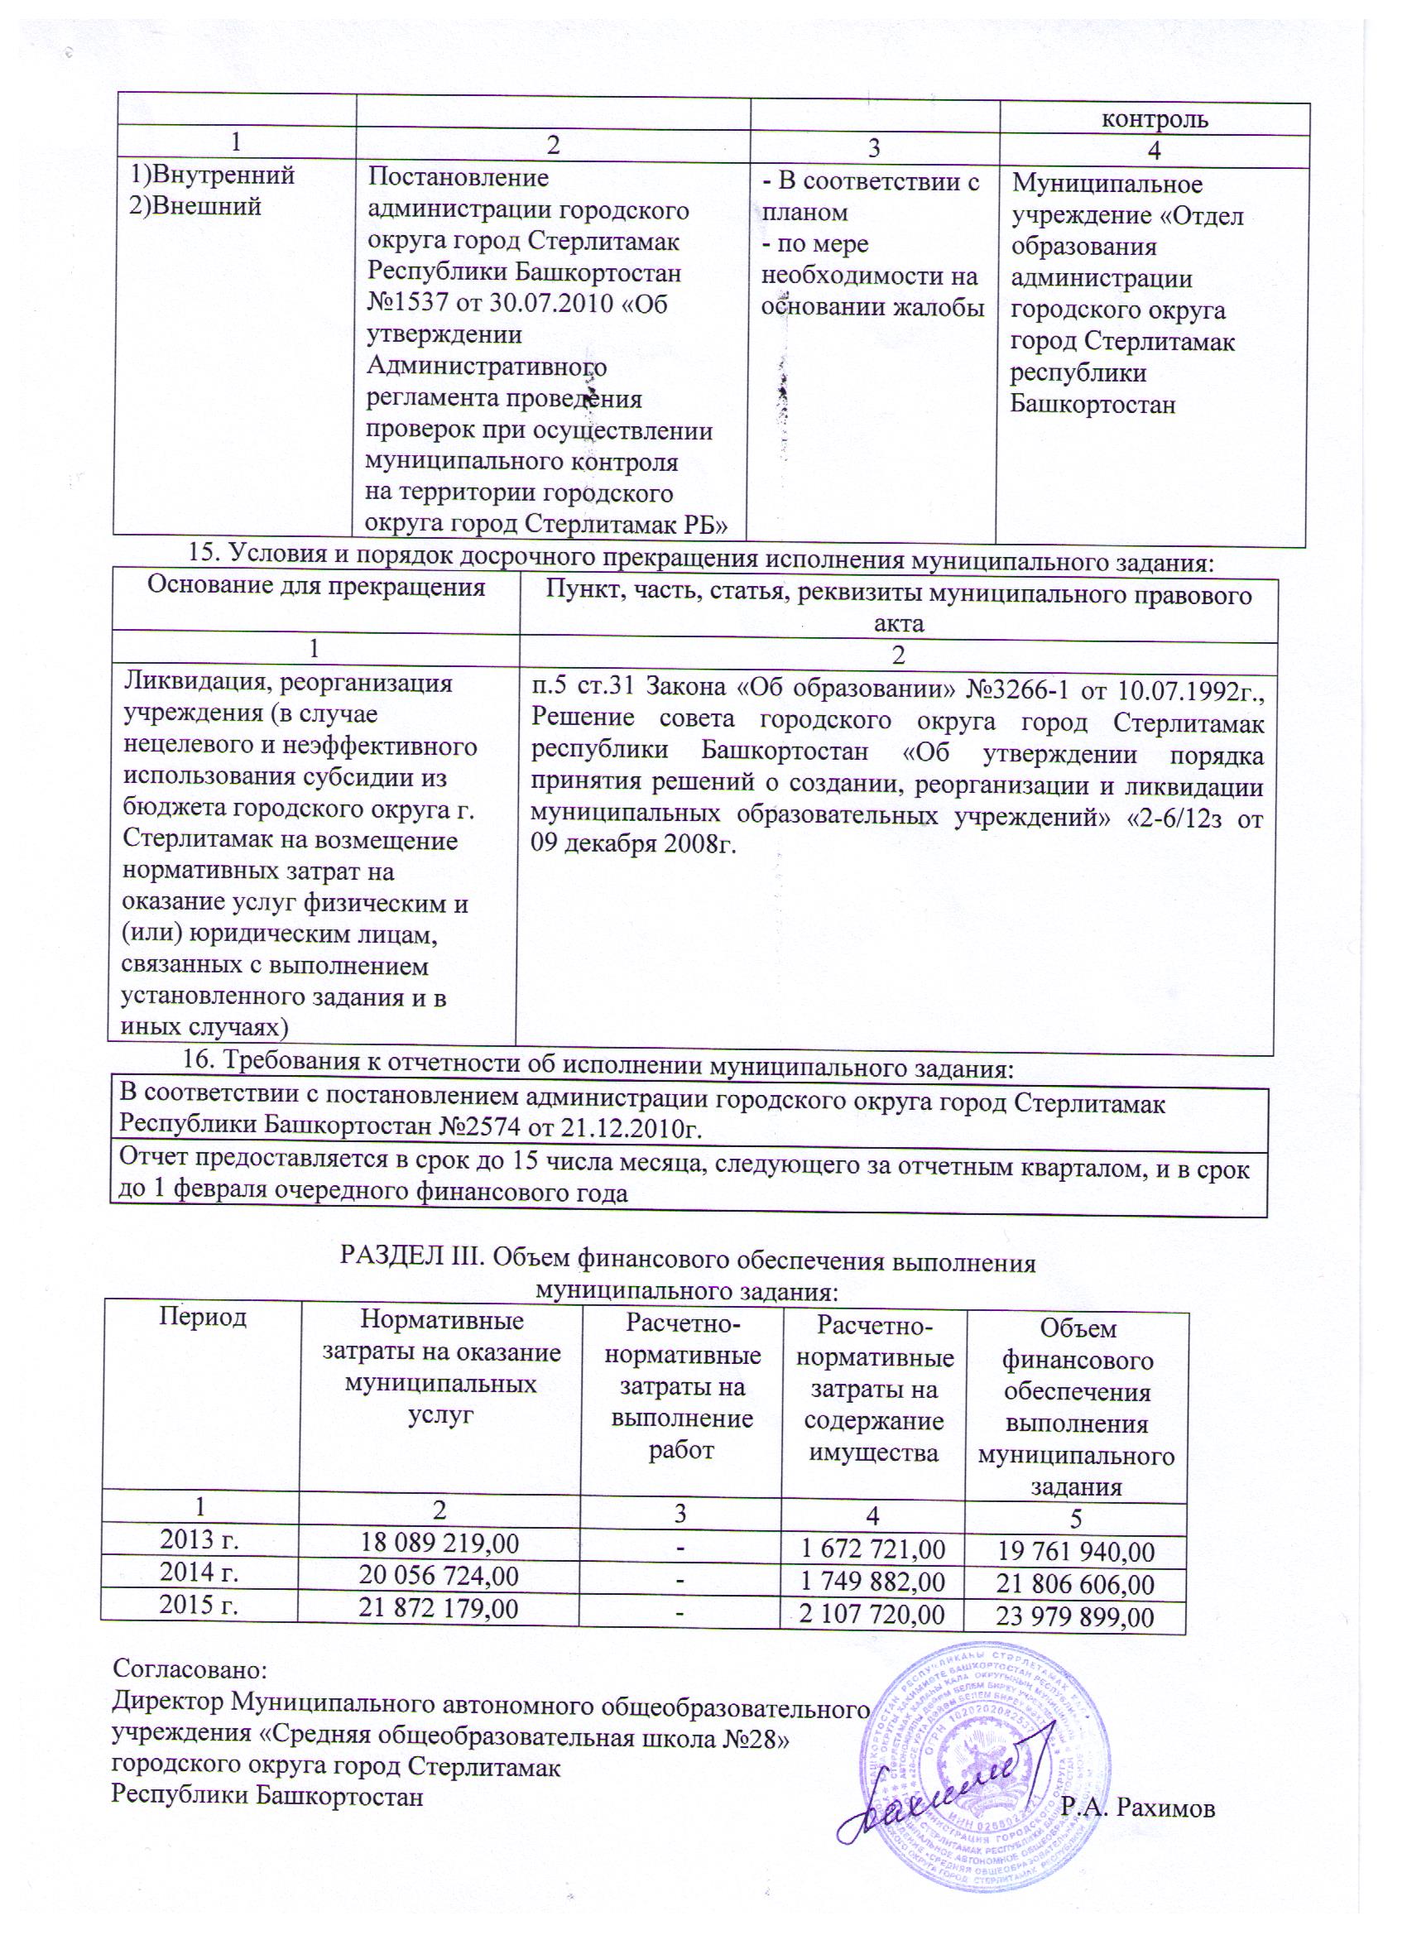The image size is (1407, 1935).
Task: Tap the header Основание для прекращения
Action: [x=316, y=587]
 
